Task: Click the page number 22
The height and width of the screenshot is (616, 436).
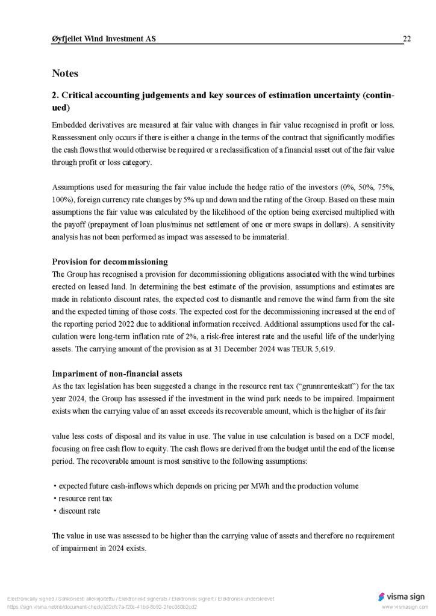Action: (406, 39)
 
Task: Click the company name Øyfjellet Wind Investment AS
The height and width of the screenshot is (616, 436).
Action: (104, 39)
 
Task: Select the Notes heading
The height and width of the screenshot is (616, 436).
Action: (65, 73)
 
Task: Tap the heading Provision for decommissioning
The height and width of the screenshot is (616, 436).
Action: (110, 262)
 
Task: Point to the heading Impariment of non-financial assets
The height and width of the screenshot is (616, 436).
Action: (117, 374)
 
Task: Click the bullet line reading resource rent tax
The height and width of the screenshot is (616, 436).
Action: (85, 499)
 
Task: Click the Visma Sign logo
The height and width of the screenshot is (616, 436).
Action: (401, 597)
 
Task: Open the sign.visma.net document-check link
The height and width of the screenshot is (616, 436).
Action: (102, 606)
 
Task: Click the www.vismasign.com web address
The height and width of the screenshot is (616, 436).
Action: (405, 607)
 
